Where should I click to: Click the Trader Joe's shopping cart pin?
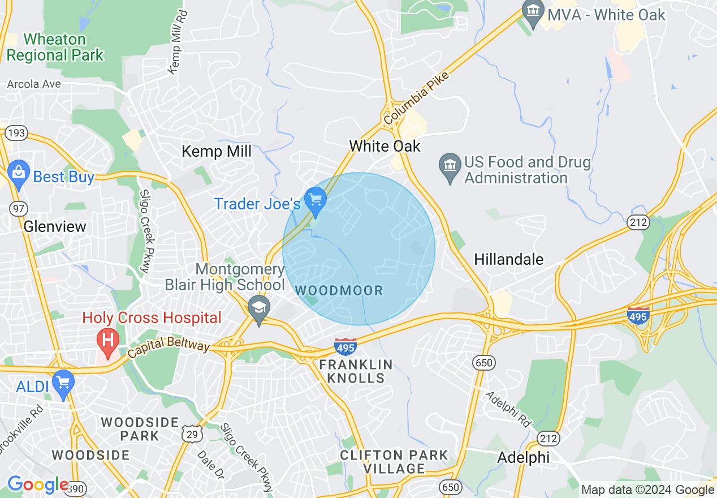[316, 200]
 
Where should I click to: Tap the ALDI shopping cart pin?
[63, 383]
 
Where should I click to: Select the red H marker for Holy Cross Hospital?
[107, 340]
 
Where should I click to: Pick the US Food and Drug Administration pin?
[450, 166]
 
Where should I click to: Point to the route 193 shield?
[15, 133]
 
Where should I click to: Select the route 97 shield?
[18, 209]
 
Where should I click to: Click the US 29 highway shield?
[191, 433]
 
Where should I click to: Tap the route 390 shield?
[76, 488]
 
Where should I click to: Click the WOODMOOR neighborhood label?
[339, 291]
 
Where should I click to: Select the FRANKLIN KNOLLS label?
[356, 371]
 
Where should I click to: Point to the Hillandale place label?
[508, 260]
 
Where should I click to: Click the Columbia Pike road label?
[416, 99]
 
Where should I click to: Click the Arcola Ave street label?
[33, 84]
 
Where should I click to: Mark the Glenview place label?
[55, 227]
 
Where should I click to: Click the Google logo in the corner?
[37, 485]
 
